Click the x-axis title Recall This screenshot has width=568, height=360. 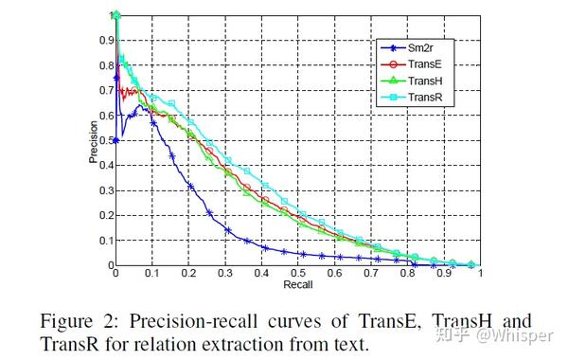pyautogui.click(x=297, y=283)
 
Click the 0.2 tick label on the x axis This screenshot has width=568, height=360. pyautogui.click(x=188, y=274)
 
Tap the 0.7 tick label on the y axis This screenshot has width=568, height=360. pyautogui.click(x=103, y=90)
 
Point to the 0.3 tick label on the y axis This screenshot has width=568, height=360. pyautogui.click(x=103, y=190)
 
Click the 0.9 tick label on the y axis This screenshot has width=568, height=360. pyautogui.click(x=103, y=40)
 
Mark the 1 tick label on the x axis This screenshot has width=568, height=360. pyautogui.click(x=480, y=274)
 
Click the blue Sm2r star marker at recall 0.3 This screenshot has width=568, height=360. pyautogui.click(x=227, y=229)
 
